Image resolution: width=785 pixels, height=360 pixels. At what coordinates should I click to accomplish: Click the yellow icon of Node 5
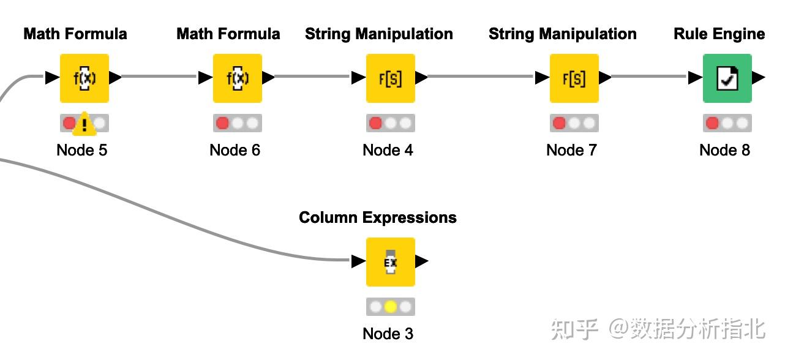coord(85,78)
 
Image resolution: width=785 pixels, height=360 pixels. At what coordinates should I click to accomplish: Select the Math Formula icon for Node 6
coord(238,78)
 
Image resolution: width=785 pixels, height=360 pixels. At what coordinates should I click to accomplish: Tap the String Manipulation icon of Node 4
coord(391,78)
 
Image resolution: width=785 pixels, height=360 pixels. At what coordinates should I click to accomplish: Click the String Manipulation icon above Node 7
coord(574,78)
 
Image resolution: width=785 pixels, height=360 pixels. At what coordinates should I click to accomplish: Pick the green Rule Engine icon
coord(727,78)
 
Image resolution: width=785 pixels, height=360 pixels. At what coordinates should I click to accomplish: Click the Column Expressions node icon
coord(391,261)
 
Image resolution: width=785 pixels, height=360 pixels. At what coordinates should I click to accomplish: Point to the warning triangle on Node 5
coord(84,126)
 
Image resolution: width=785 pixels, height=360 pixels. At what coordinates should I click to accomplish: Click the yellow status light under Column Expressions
coord(391,307)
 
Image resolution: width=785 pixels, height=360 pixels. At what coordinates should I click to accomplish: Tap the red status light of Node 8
coord(712,123)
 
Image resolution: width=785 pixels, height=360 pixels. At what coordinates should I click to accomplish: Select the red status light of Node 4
coord(375,123)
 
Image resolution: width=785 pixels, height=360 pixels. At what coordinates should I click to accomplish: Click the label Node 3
coord(388,334)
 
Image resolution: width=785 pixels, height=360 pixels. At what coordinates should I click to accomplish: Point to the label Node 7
coord(571,150)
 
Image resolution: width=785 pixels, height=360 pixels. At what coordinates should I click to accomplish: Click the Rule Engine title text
coord(719,34)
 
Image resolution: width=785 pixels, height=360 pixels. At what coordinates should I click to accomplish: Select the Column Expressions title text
coord(378,217)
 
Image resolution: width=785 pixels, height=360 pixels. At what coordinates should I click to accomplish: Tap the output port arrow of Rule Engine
coord(759,78)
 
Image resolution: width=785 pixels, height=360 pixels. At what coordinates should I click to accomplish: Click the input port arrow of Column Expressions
coord(359,261)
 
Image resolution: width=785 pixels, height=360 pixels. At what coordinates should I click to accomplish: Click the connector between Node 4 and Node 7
coord(481,77)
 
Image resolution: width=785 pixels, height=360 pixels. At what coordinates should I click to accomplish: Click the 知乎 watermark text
coord(574,329)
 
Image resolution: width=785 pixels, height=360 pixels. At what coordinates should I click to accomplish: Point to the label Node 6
coord(235,150)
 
